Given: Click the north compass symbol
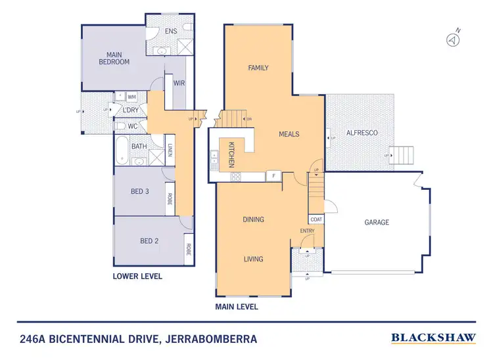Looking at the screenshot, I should pyautogui.click(x=452, y=40).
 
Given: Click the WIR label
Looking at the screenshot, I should pyautogui.click(x=179, y=83).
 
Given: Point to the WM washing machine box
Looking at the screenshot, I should pyautogui.click(x=131, y=97).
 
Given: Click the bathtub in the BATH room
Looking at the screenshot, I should pyautogui.click(x=122, y=150).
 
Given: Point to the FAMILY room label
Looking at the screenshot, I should pyautogui.click(x=258, y=68).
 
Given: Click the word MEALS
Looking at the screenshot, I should pyautogui.click(x=289, y=134).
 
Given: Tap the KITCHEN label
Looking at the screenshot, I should pyautogui.click(x=231, y=156).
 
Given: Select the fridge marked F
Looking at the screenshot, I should pyautogui.click(x=273, y=176).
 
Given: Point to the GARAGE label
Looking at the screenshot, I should pyautogui.click(x=377, y=222).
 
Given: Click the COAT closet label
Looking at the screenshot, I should pyautogui.click(x=316, y=219).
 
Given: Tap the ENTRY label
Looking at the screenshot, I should pyautogui.click(x=307, y=231).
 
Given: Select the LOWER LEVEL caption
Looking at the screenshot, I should pyautogui.click(x=137, y=277).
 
